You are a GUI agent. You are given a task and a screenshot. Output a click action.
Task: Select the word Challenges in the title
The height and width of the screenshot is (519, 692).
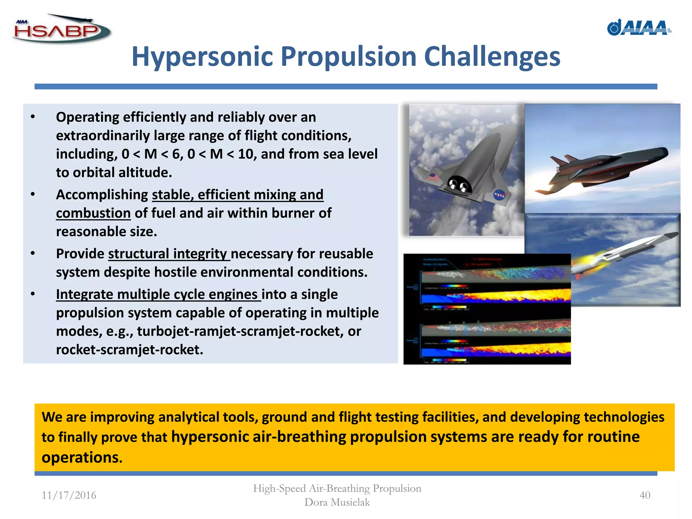[492, 56]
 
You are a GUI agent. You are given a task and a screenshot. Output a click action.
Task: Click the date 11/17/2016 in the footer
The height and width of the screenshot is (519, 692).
[69, 495]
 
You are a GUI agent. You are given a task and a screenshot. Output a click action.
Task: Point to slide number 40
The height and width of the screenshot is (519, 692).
[645, 495]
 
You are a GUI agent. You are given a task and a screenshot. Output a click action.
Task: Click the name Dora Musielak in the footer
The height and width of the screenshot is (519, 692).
[337, 502]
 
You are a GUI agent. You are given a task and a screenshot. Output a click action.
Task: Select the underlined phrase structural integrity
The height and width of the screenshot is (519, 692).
[169, 254]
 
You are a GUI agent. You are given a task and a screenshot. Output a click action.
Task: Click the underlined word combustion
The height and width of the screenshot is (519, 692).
[93, 214]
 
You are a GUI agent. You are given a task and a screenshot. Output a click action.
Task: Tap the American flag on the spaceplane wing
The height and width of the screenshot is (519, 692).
[433, 177]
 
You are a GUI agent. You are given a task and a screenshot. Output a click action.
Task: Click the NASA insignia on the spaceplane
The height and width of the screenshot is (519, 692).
[499, 195]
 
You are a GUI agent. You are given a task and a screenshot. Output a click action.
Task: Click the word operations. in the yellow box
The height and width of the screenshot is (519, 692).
[82, 458]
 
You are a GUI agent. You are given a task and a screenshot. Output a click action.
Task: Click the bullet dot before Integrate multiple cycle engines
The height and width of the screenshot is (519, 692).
[33, 294]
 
